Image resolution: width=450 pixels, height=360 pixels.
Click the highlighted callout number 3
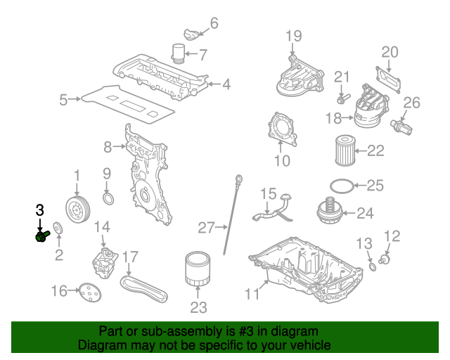pyautogui.click(x=40, y=210)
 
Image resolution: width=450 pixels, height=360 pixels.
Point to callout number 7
pyautogui.click(x=203, y=54)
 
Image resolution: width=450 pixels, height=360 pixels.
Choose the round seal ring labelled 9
pyautogui.click(x=108, y=198)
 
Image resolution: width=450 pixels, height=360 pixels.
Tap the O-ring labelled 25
pyautogui.click(x=341, y=186)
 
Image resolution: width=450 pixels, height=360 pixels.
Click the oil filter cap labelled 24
pyautogui.click(x=329, y=211)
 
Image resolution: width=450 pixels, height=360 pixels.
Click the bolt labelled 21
pyautogui.click(x=342, y=96)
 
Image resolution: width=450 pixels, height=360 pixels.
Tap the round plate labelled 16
pyautogui.click(x=88, y=290)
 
